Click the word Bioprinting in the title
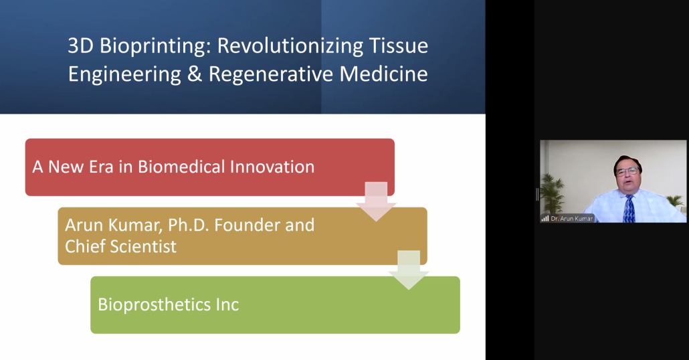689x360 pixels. click(x=153, y=46)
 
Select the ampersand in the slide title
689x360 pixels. click(x=194, y=74)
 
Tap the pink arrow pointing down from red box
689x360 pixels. click(x=376, y=201)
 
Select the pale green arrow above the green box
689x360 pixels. click(x=409, y=270)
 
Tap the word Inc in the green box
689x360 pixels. click(x=227, y=305)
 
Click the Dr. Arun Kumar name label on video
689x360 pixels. click(x=572, y=218)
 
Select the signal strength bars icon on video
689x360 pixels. click(x=545, y=218)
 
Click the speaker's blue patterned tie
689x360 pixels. click(x=629, y=209)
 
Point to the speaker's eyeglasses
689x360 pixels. click(x=627, y=171)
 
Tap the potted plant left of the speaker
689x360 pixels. click(x=551, y=194)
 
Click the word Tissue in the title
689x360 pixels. click(x=399, y=46)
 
